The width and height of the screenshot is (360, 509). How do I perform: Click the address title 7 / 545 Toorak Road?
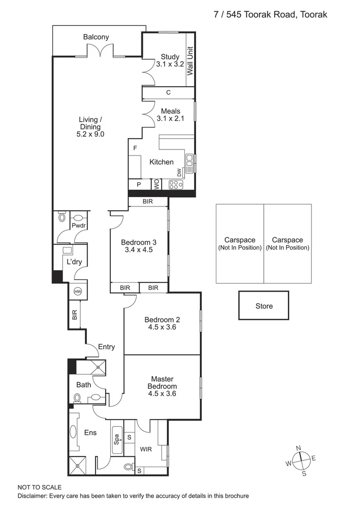[270, 15]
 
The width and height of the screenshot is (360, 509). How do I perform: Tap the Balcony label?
[96, 37]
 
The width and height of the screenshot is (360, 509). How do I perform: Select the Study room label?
[170, 57]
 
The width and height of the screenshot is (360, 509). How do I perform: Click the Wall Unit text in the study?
[190, 61]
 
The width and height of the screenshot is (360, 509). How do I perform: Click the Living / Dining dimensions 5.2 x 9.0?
[90, 134]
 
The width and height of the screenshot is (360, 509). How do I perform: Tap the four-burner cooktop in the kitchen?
[176, 185]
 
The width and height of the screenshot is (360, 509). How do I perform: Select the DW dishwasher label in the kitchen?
[180, 173]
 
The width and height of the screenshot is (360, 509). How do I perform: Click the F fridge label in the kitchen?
[135, 148]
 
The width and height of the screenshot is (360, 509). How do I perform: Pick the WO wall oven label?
[155, 184]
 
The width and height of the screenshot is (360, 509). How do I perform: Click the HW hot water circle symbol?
[78, 292]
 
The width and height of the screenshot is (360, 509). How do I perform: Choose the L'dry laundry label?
[74, 262]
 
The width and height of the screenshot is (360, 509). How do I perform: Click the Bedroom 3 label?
[138, 242]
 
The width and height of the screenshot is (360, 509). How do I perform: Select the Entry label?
[106, 347]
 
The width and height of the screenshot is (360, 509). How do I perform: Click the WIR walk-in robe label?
[146, 449]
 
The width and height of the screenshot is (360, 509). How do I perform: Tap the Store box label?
[264, 306]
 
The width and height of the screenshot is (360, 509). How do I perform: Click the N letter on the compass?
[298, 448]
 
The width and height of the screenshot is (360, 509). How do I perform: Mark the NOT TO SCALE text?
[40, 487]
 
